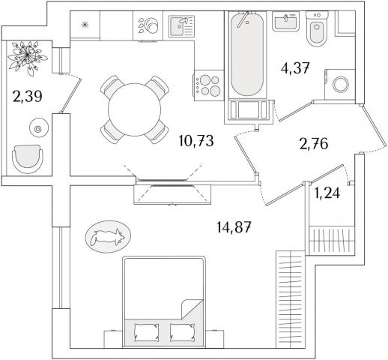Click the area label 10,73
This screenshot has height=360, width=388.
[196, 140]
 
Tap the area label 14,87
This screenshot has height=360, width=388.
[234, 227]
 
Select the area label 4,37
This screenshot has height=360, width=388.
[295, 68]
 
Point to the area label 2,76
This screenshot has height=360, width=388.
[314, 144]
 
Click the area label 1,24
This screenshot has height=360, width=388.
[327, 193]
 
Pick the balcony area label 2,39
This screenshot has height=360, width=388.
[27, 97]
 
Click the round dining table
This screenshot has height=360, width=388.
[135, 109]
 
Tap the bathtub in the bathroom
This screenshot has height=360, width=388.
[247, 53]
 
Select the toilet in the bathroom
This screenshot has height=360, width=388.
[317, 28]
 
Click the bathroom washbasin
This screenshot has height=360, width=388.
[285, 22]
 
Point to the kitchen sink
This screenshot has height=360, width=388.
[181, 26]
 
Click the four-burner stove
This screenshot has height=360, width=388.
[208, 85]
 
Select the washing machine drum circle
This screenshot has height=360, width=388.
[341, 85]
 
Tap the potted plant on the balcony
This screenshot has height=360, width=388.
[27, 57]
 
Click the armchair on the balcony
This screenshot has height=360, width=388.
[28, 159]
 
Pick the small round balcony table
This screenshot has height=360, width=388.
[38, 129]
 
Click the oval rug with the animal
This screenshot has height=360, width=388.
[108, 237]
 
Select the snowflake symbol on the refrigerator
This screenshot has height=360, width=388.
[85, 25]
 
